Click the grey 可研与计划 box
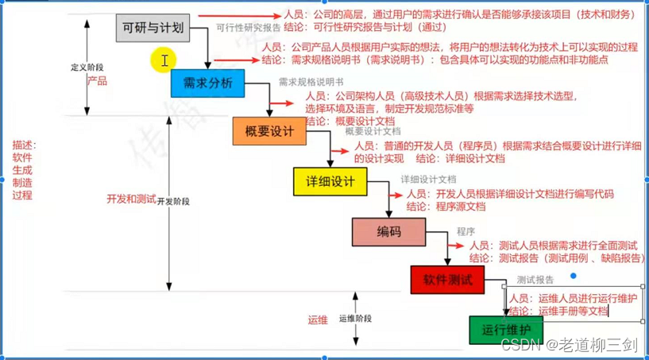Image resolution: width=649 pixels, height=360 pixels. tap(153, 30)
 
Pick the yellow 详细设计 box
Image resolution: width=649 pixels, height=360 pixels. tap(330, 181)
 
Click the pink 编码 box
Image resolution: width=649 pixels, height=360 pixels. tap(388, 231)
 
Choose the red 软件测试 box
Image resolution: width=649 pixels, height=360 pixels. tap(447, 280)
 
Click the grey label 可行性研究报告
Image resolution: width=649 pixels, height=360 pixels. tap(249, 26)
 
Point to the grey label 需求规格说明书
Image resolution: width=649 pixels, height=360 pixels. tap(311, 82)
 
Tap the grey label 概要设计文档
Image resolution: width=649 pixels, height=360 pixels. tap(373, 131)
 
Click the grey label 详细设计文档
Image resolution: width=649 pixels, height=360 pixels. tap(428, 180)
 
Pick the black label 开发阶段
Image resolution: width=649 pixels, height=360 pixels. tap(174, 201)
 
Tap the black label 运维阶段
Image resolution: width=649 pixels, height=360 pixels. tap(355, 318)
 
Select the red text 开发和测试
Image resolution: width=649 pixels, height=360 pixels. tap(131, 199)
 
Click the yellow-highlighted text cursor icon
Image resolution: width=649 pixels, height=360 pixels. tap(164, 60)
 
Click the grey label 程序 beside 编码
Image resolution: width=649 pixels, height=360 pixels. tap(466, 231)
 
